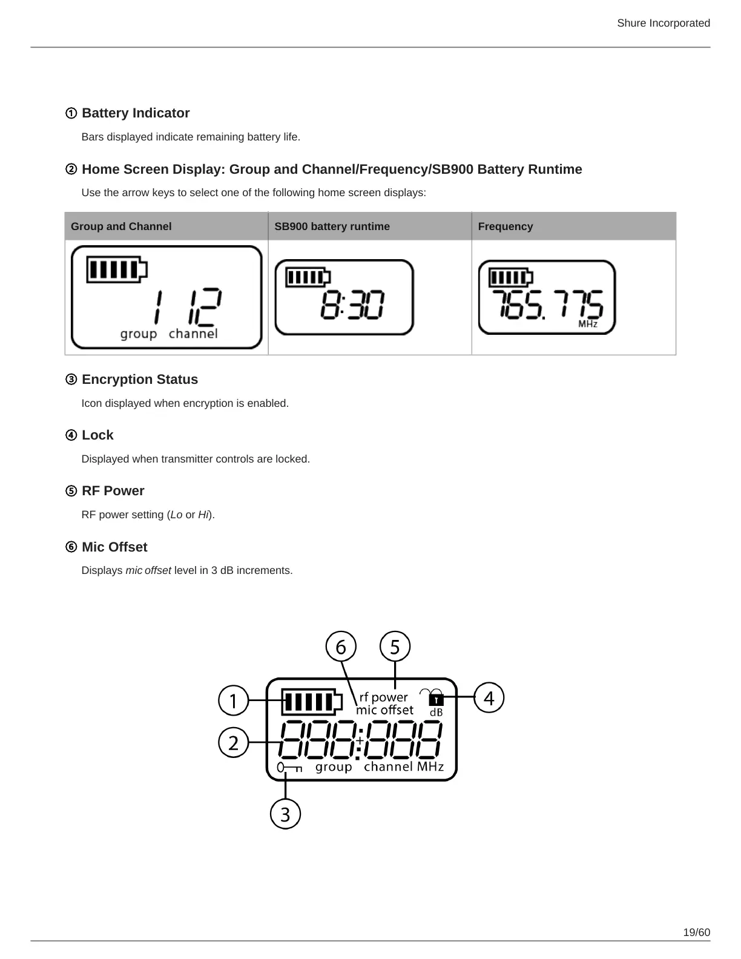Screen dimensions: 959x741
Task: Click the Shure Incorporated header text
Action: pyautogui.click(x=663, y=23)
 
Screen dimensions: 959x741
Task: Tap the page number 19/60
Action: pyautogui.click(x=696, y=932)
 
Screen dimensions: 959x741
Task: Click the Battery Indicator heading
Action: pyautogui.click(x=135, y=113)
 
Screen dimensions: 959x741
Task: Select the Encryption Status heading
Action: pyautogui.click(x=139, y=380)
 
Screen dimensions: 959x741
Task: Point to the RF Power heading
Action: pyautogui.click(x=113, y=491)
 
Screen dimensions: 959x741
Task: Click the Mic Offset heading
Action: pyautogui.click(x=114, y=547)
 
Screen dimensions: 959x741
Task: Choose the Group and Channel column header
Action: pyautogui.click(x=121, y=226)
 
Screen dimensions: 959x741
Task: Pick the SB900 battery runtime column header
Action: pyautogui.click(x=332, y=226)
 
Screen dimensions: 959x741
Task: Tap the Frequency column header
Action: pyautogui.click(x=506, y=226)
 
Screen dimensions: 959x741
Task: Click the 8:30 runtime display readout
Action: pyautogui.click(x=352, y=305)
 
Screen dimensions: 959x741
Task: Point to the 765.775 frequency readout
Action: pyautogui.click(x=547, y=305)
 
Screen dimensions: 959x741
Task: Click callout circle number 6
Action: pyautogui.click(x=341, y=647)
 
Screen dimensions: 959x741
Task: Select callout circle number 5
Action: pyautogui.click(x=395, y=647)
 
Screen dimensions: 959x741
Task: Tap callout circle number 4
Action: pyautogui.click(x=489, y=698)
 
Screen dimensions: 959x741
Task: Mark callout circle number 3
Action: pyautogui.click(x=285, y=814)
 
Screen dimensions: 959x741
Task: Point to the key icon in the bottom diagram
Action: pyautogui.click(x=289, y=768)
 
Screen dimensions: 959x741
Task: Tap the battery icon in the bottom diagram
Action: pyautogui.click(x=308, y=702)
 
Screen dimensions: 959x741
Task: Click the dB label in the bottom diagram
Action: pyautogui.click(x=436, y=713)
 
